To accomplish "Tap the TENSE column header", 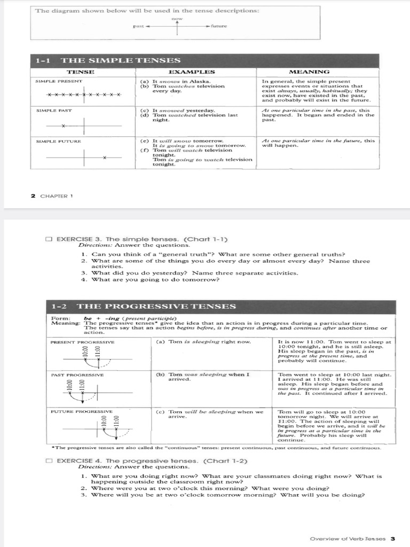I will pyautogui.click(x=81, y=72).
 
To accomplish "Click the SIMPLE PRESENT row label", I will pyautogui.click(x=59, y=81).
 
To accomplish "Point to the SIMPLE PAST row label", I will pyautogui.click(x=53, y=110).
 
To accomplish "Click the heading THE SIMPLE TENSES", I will pyautogui.click(x=121, y=61).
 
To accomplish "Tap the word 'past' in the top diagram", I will pyautogui.click(x=139, y=26).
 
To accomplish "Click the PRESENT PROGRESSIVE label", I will pyautogui.click(x=82, y=342).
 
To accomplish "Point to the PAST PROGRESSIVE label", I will pyautogui.click(x=77, y=375).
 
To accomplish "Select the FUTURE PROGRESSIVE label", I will pyautogui.click(x=82, y=412).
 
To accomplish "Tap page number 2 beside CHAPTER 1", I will pyautogui.click(x=33, y=196).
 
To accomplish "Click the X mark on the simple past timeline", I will pyautogui.click(x=63, y=126).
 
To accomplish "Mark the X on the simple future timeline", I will pyautogui.click(x=105, y=157).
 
